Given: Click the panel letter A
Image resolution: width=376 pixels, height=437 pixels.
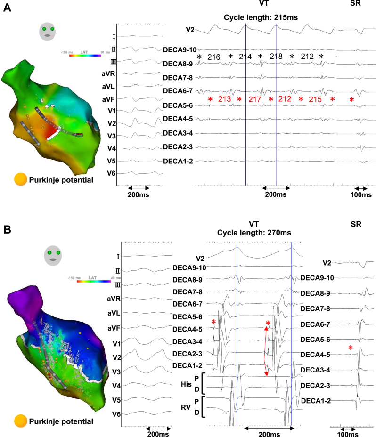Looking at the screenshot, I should click(x=8, y=8).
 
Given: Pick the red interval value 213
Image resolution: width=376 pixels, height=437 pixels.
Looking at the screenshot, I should click(x=224, y=99).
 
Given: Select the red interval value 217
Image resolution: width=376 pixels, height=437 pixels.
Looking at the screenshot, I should click(x=254, y=99).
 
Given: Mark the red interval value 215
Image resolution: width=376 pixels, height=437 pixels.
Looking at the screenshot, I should click(x=316, y=99).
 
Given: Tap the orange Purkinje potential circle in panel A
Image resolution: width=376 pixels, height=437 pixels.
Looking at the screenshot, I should click(x=21, y=179).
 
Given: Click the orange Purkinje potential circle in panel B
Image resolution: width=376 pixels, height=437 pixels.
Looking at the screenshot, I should click(x=21, y=421).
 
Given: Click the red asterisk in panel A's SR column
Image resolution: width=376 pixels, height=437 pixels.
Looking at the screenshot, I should click(x=351, y=100).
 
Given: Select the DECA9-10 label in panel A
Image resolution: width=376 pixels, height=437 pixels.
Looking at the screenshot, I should click(x=179, y=49).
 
